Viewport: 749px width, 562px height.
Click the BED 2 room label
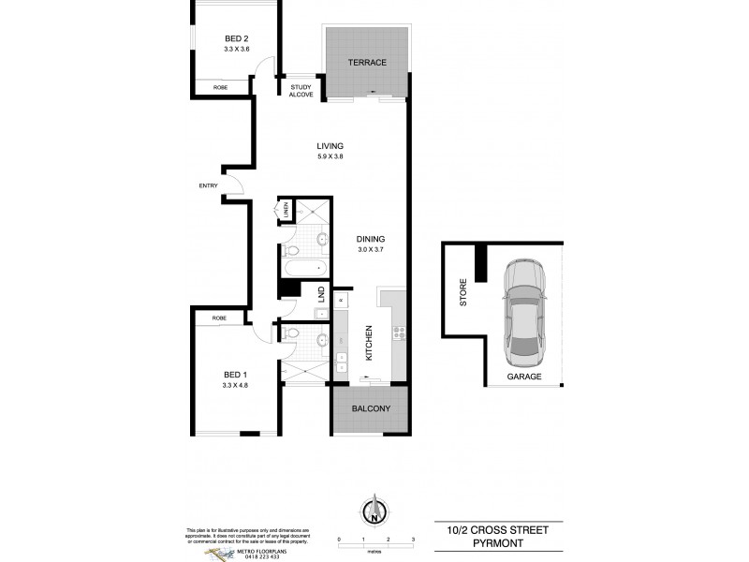tap(236, 38)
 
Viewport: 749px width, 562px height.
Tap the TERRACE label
tap(368, 62)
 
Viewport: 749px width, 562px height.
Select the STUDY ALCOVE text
tap(301, 92)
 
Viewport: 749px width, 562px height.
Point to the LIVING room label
tap(330, 146)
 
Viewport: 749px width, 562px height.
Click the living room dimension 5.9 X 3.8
tap(330, 156)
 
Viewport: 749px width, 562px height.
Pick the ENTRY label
tap(208, 185)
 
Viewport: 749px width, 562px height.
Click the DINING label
tap(371, 239)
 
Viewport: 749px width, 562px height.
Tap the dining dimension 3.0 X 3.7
tap(371, 249)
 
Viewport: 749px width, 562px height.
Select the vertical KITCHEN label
tap(370, 344)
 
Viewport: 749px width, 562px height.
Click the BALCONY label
tap(371, 410)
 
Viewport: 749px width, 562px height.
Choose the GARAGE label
tap(524, 377)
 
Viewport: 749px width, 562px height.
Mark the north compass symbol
tap(374, 511)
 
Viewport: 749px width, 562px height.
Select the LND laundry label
tap(320, 295)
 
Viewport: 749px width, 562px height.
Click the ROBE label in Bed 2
tap(221, 87)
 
